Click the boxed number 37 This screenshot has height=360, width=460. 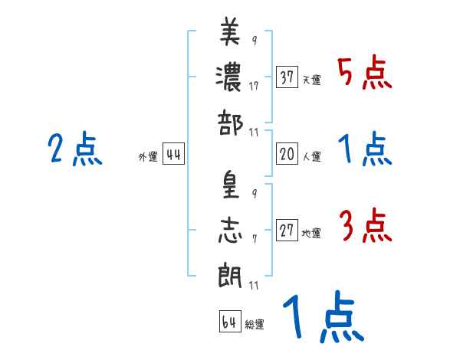pos(287,78)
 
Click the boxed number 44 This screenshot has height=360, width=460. pos(173,155)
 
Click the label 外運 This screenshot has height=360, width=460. pos(148,157)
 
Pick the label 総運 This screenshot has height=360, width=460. pos(255,324)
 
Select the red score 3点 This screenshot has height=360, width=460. pos(364,227)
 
